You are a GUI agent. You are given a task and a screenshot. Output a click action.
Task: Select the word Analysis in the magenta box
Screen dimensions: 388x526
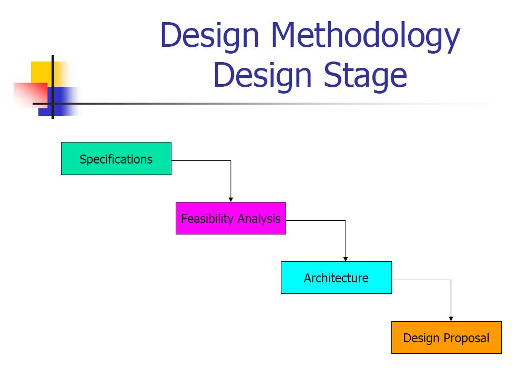point(259,219)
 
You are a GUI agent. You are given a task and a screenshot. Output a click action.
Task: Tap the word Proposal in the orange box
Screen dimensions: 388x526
point(467,338)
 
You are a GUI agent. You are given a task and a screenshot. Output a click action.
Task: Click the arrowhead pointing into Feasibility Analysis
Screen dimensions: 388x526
point(231,199)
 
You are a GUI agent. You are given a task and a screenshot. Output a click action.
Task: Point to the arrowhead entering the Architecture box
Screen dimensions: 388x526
point(346,258)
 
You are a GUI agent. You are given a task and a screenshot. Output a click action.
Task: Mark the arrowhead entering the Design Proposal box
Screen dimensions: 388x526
point(451,318)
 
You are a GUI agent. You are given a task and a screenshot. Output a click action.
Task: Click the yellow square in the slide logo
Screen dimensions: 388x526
point(42,72)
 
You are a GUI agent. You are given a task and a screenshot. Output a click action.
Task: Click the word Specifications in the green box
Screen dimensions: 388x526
point(116,159)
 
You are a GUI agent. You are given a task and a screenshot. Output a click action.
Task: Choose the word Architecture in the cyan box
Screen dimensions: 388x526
point(336,278)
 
